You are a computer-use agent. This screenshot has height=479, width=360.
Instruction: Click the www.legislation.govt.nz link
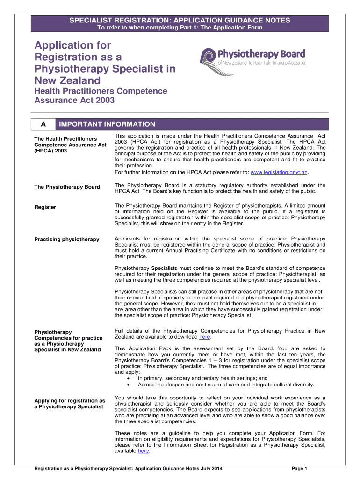coord(279,172)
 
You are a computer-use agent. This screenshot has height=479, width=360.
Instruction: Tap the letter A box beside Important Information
coord(43,124)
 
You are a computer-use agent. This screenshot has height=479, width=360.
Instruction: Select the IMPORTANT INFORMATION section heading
coord(107,124)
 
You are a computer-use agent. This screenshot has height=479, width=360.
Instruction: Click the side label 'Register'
coord(45,207)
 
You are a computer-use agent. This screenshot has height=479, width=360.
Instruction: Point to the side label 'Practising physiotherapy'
coord(67,239)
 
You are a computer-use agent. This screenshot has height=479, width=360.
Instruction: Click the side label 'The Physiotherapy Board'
coord(67,187)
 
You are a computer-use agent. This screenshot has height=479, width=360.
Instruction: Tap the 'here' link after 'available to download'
coord(204,337)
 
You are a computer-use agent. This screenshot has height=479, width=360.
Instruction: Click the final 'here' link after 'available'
coord(143,451)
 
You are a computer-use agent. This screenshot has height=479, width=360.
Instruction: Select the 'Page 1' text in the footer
coord(299,468)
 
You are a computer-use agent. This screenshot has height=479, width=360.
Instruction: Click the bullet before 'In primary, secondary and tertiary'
coord(128,378)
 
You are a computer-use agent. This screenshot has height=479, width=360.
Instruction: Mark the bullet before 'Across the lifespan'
coord(128,385)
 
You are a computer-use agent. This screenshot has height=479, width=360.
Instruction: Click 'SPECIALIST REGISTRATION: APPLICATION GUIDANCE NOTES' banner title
coord(180,20)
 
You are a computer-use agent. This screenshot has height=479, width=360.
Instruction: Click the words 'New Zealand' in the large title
coord(67,81)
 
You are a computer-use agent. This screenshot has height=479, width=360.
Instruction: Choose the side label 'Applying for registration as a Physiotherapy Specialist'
coord(70,404)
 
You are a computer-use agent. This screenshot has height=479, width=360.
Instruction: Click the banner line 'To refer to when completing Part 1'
coord(180,28)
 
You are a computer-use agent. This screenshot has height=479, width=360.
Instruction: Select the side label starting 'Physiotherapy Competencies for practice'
coord(67,341)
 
